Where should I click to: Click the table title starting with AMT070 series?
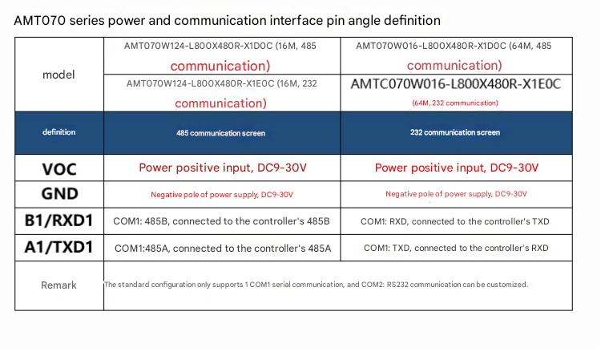[x=227, y=21]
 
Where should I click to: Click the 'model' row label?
[x=58, y=75]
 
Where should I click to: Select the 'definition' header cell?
[x=59, y=132]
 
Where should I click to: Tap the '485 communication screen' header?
[x=220, y=133]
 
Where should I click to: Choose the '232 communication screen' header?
[x=455, y=132]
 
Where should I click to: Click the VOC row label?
[x=59, y=169]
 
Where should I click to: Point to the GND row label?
[x=60, y=194]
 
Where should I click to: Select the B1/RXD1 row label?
[x=58, y=220]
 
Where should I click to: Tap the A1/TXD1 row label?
[x=58, y=247]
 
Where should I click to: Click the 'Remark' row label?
[x=58, y=285]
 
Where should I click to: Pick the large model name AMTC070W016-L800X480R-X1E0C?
[x=456, y=84]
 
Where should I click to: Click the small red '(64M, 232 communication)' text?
[x=455, y=103]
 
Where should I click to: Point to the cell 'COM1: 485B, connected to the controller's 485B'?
[x=221, y=221]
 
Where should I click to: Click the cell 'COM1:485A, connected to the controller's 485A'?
[x=223, y=249]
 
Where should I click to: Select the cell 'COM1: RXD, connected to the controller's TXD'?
[x=455, y=222]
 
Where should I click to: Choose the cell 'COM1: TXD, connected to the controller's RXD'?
[x=456, y=248]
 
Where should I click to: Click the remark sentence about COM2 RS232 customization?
[x=316, y=285]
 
